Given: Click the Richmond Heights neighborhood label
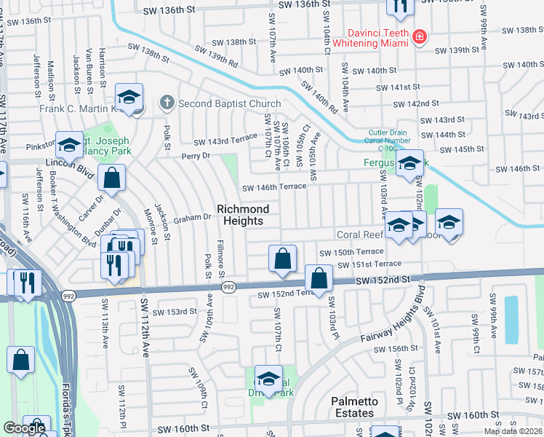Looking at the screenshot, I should [243, 215].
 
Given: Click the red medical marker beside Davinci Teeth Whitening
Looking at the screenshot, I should [419, 36].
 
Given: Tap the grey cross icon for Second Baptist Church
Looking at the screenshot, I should [167, 103].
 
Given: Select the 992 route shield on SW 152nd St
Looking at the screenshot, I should [228, 288].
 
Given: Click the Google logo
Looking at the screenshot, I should [24, 428].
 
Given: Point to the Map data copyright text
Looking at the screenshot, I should [513, 431].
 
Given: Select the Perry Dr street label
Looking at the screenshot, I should [196, 156].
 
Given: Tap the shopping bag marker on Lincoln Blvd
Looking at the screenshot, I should [112, 177].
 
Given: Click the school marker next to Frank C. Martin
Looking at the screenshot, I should [129, 98].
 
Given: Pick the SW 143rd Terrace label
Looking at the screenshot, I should [225, 138].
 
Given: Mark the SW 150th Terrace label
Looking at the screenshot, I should [350, 251].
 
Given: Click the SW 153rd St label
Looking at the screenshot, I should [176, 311].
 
